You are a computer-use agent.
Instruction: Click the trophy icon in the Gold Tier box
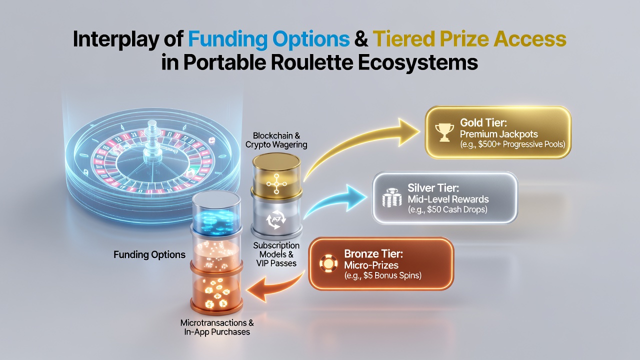[x=444, y=132]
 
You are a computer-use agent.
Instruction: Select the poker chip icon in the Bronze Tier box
[x=328, y=263]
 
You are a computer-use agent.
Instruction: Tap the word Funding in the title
[x=227, y=39]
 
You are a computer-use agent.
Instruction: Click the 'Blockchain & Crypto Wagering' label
[x=276, y=140]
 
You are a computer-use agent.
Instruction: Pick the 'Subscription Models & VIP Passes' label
[x=276, y=254]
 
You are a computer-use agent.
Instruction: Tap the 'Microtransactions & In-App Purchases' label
[x=217, y=327]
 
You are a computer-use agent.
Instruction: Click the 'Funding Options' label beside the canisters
[x=149, y=254]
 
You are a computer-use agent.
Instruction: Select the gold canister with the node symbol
[x=276, y=176]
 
